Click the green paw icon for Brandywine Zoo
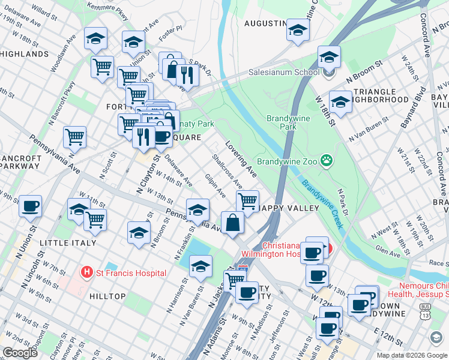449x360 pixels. pos(327,160)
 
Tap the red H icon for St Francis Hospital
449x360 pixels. pos(88,273)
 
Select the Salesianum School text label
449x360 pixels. pos(284,73)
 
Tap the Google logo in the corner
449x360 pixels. pos(20,352)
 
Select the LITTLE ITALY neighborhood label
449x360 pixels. pos(67,243)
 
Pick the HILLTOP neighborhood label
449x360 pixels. pos(107,296)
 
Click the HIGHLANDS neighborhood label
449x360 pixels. pos(24,54)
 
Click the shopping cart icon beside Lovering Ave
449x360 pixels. pos(247,200)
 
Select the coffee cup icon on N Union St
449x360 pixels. pos(30,206)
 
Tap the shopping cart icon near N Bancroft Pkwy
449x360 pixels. pos(74,137)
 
